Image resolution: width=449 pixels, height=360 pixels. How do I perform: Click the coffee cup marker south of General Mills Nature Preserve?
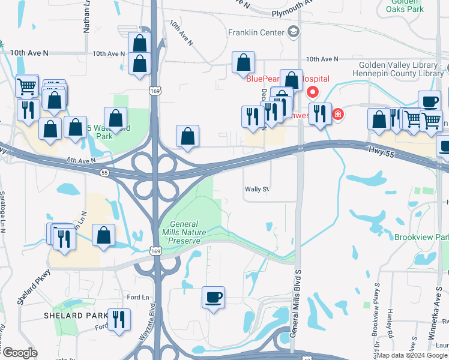[213, 298]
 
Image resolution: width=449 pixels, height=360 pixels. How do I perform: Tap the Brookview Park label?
[421, 237]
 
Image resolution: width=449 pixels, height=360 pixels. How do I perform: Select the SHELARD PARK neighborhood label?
[66, 316]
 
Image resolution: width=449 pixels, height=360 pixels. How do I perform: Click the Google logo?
[19, 352]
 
